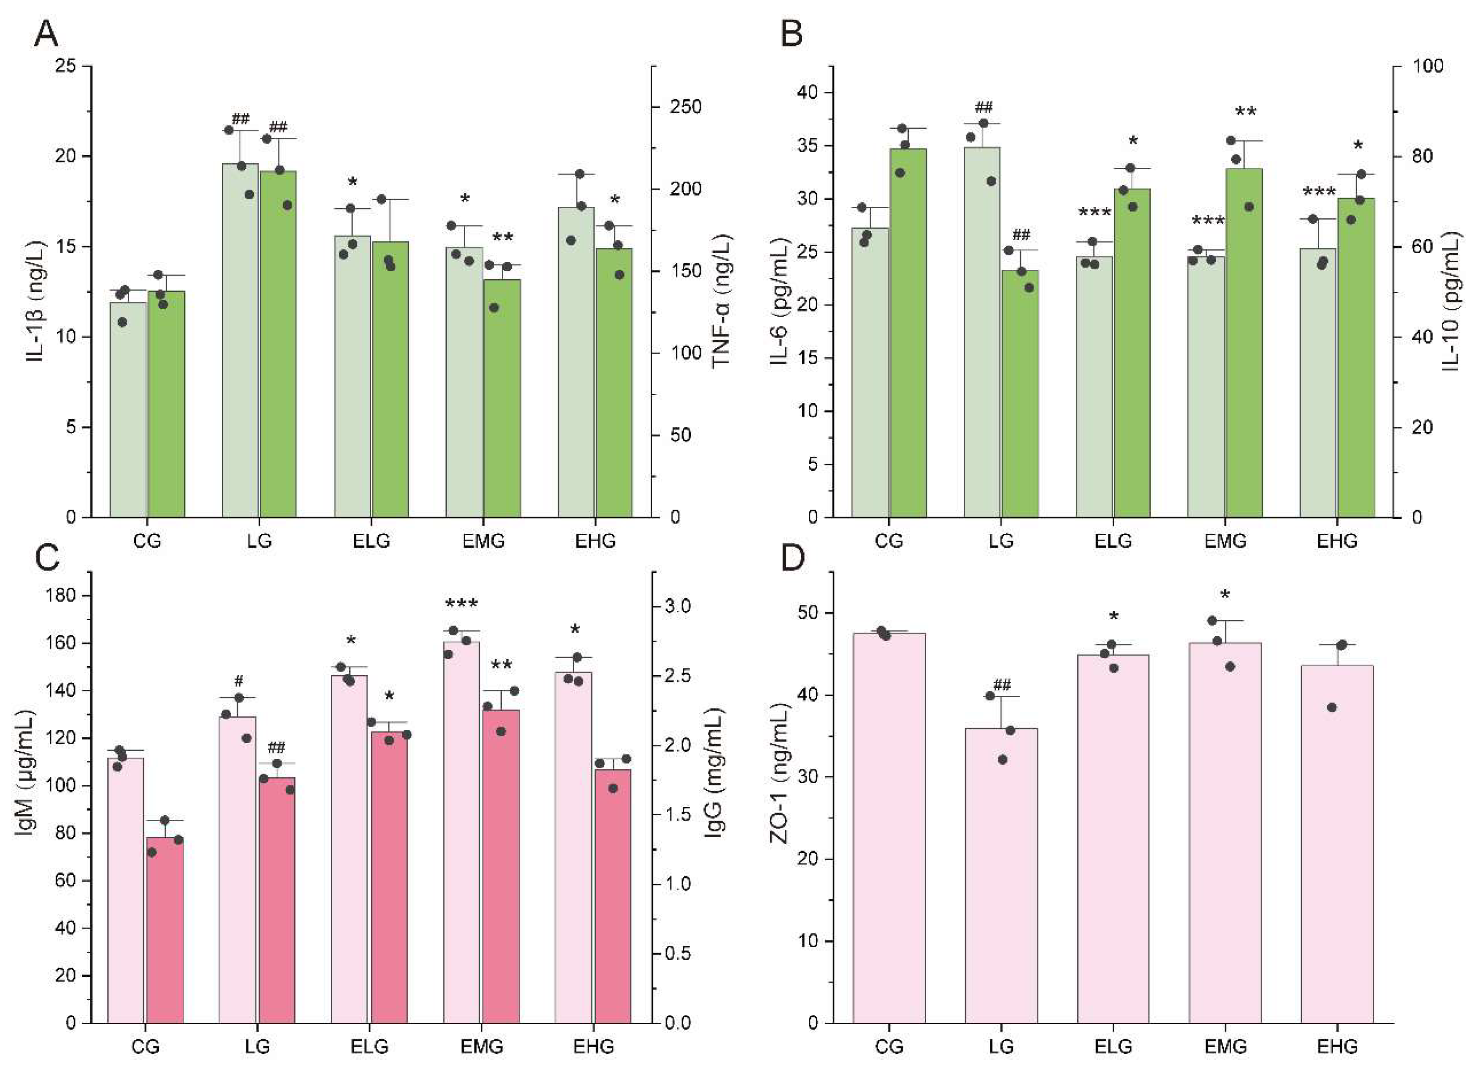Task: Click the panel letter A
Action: pyautogui.click(x=46, y=34)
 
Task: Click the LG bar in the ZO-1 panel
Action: pyautogui.click(x=1000, y=873)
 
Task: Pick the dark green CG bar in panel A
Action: pyautogui.click(x=166, y=404)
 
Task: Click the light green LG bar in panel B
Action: pyautogui.click(x=982, y=332)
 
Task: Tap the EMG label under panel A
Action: pyautogui.click(x=483, y=541)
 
